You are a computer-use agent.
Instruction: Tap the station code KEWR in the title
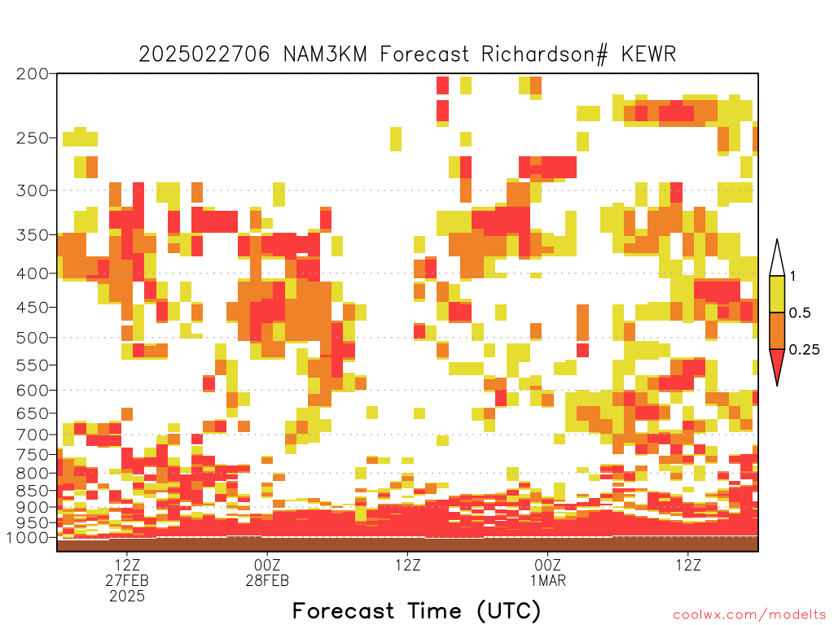click(x=648, y=55)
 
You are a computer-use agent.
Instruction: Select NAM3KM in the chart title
click(x=325, y=55)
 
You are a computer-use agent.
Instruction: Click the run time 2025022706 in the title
click(x=204, y=55)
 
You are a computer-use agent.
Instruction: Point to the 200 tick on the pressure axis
click(x=33, y=74)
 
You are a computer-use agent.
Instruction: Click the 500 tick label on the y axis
click(x=33, y=338)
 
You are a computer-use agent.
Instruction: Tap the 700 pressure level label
click(x=33, y=435)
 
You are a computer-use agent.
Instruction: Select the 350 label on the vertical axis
click(x=33, y=235)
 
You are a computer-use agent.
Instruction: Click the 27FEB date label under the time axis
click(x=127, y=580)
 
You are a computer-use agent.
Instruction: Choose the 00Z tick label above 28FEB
click(x=267, y=565)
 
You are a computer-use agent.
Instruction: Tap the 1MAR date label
click(x=548, y=580)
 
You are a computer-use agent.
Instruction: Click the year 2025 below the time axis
click(x=127, y=597)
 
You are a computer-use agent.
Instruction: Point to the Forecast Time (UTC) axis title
click(x=416, y=611)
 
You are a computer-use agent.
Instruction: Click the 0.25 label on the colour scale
click(x=804, y=350)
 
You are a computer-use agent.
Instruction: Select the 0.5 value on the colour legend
click(x=800, y=313)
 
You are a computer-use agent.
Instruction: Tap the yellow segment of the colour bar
click(x=777, y=294)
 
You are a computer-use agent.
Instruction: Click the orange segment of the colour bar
click(x=777, y=330)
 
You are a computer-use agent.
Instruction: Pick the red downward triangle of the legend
click(x=777, y=364)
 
